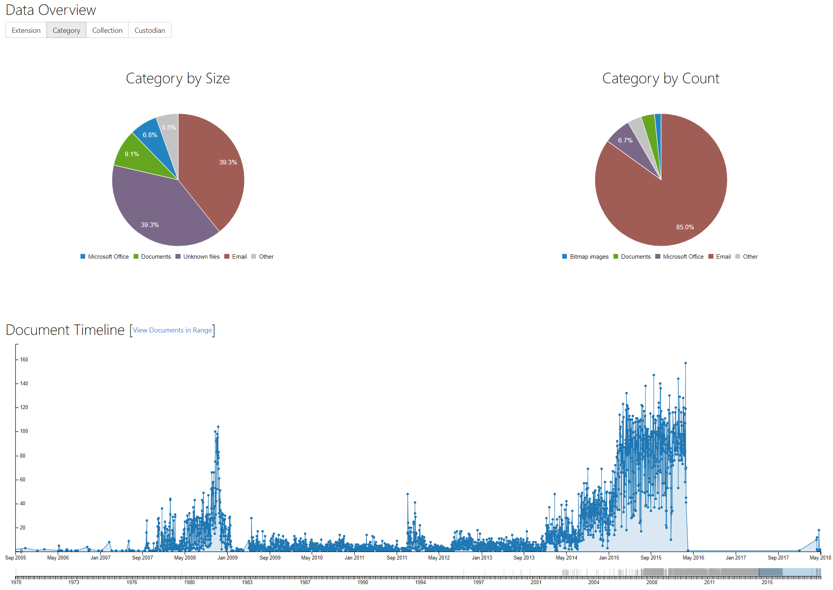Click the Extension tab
(26, 30)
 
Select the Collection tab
(107, 30)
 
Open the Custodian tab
(150, 30)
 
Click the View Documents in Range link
(172, 330)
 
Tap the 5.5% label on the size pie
(169, 127)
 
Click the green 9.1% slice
(132, 154)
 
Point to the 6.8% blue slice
(150, 135)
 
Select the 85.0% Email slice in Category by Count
(685, 227)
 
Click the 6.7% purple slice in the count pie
(625, 140)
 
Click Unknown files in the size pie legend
(201, 257)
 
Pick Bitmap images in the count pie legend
(589, 257)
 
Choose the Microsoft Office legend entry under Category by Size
(108, 257)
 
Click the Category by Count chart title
(660, 79)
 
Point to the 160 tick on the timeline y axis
(24, 359)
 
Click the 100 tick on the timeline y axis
(24, 431)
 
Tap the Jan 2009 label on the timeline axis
(227, 558)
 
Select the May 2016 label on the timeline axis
(693, 558)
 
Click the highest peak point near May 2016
(685, 363)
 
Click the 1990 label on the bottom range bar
(363, 582)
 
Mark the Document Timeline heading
(65, 330)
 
